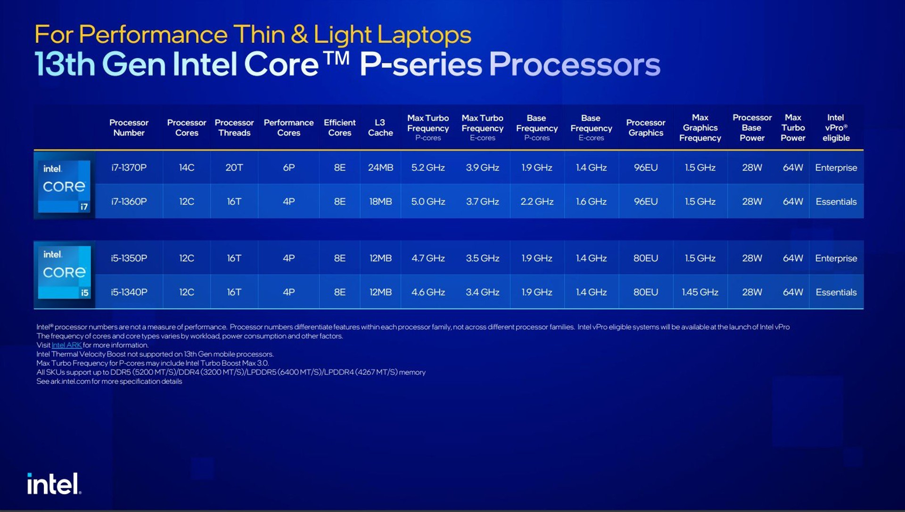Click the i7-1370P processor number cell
coord(129,167)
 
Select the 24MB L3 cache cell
coord(380,167)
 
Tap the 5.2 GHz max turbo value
coord(428,167)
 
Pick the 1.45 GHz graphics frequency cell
coord(700,292)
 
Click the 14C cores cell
coord(187,167)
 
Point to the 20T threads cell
coord(234,167)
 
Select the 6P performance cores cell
coord(289,167)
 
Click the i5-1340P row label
coord(129,292)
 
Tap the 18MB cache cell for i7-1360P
coord(380,201)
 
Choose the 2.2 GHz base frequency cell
coord(537,201)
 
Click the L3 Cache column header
coord(380,128)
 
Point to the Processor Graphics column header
coord(646,128)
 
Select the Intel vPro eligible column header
coord(836,128)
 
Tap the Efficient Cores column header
coord(340,128)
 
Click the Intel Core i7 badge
coord(64,186)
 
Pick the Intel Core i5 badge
coord(64,272)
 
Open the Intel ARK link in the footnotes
coord(66,345)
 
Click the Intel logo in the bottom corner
coord(54,484)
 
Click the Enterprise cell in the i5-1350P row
coord(836,258)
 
